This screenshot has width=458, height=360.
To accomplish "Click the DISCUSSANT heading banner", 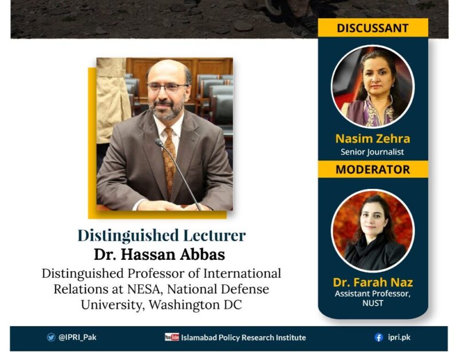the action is click(x=373, y=27).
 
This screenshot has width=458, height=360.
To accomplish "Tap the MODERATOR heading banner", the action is click(x=373, y=169).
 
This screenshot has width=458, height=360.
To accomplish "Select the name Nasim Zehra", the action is click(x=373, y=139).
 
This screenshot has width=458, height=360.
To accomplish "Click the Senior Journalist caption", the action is click(x=373, y=152).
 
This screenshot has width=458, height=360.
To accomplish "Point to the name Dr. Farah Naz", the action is click(x=373, y=282).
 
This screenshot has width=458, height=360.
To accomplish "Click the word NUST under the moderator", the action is click(x=373, y=303).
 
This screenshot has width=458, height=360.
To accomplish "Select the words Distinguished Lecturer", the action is click(x=161, y=235).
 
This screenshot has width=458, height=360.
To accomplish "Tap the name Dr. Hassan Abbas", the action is click(x=160, y=254).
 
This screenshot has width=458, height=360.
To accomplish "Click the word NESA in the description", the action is click(x=144, y=289).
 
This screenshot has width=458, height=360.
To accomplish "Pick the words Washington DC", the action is click(x=195, y=305).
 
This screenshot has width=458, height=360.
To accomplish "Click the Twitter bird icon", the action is click(x=51, y=338).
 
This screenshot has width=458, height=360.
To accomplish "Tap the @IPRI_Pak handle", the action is click(x=77, y=338).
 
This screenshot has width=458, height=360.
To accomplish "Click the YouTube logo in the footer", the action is click(x=172, y=337).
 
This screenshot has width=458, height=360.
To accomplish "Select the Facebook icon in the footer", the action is click(x=379, y=338).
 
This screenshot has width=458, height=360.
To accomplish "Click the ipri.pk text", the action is click(x=399, y=338).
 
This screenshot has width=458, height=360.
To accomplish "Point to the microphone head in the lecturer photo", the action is click(x=159, y=142).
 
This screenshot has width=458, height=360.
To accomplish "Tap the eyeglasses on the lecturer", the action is click(x=167, y=88).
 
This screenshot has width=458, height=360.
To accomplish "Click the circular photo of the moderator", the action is click(x=373, y=231).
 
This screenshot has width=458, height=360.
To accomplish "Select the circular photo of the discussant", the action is click(x=373, y=86).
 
